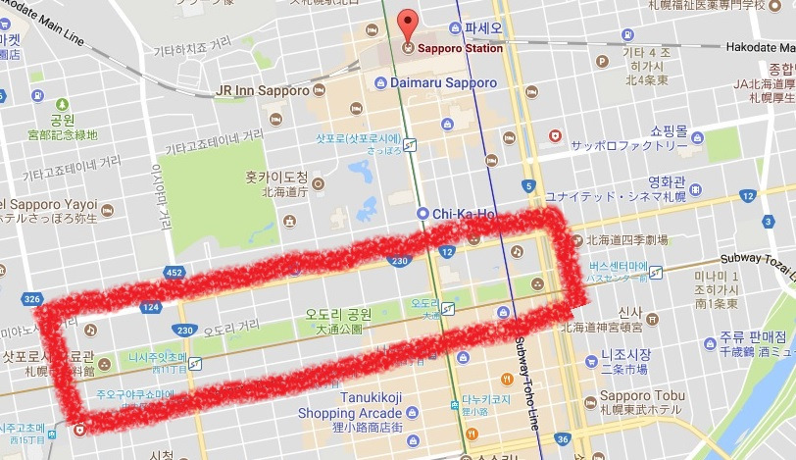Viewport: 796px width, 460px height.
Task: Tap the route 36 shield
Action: (x=562, y=439)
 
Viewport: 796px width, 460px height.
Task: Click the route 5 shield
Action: (x=529, y=186)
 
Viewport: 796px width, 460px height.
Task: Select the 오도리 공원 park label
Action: (x=337, y=314)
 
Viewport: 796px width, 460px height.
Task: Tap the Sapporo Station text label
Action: (x=460, y=48)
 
